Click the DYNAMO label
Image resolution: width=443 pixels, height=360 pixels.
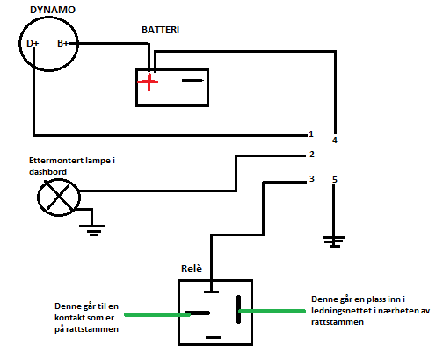(x=53, y=10)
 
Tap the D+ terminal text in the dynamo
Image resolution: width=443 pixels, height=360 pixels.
(x=33, y=43)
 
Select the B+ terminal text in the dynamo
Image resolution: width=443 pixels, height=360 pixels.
(x=62, y=43)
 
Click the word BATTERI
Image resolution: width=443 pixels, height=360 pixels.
(x=160, y=30)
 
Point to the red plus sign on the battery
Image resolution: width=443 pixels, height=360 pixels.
(x=149, y=82)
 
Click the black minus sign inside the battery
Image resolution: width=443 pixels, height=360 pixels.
(x=192, y=80)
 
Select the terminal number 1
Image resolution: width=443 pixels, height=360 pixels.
(x=311, y=134)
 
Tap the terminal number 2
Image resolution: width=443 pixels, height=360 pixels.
(x=312, y=155)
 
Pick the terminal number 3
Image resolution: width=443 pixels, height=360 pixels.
(x=312, y=179)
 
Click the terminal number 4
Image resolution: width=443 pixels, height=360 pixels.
(x=335, y=140)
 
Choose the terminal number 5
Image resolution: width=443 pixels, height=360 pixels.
(x=335, y=180)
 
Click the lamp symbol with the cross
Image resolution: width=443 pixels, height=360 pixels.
(x=59, y=198)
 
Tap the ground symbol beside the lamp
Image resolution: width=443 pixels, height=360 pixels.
(x=92, y=230)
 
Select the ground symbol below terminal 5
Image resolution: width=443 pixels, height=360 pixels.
(x=334, y=241)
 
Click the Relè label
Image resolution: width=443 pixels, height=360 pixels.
(x=192, y=269)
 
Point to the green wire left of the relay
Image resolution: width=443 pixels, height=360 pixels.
(x=157, y=314)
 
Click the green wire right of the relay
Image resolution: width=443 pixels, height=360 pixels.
(x=272, y=311)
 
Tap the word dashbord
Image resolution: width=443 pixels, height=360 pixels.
(x=47, y=172)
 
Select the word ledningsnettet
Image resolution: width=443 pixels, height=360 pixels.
(x=339, y=311)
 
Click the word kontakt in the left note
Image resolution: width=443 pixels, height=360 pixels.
(x=69, y=318)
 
